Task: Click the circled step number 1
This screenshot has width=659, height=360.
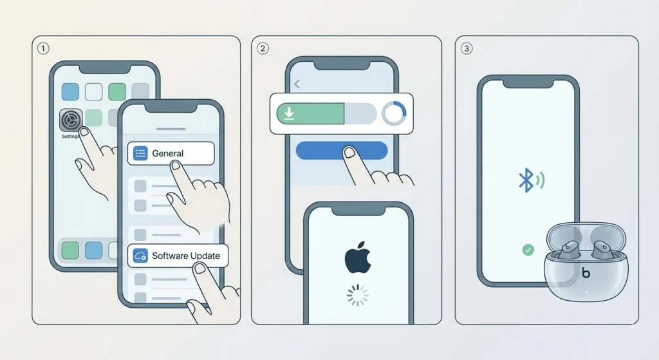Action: (x=42, y=48)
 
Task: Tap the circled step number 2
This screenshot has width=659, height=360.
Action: (x=262, y=48)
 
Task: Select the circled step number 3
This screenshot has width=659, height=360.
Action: (x=466, y=48)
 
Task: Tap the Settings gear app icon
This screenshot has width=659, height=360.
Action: (x=71, y=120)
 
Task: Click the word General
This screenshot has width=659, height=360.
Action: (x=167, y=154)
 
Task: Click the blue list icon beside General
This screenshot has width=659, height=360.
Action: (x=140, y=154)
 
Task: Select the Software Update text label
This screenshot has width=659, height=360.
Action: (x=185, y=256)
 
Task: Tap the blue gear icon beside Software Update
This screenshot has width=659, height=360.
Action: (x=140, y=256)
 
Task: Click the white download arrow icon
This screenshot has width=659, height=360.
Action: (x=289, y=114)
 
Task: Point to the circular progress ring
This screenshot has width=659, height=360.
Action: (x=393, y=114)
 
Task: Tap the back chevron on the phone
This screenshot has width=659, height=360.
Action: (x=297, y=84)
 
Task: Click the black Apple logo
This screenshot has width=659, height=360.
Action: (x=357, y=257)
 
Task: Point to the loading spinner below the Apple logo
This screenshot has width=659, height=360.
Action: (x=358, y=296)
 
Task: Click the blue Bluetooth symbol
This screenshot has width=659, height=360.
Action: (x=526, y=180)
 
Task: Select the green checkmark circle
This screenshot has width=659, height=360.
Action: (x=528, y=249)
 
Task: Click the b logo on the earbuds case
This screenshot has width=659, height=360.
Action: (x=585, y=273)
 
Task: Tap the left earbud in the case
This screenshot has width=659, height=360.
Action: (x=569, y=249)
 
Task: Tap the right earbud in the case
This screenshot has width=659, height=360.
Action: (x=602, y=249)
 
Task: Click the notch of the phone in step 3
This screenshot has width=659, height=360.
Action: (x=528, y=82)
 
